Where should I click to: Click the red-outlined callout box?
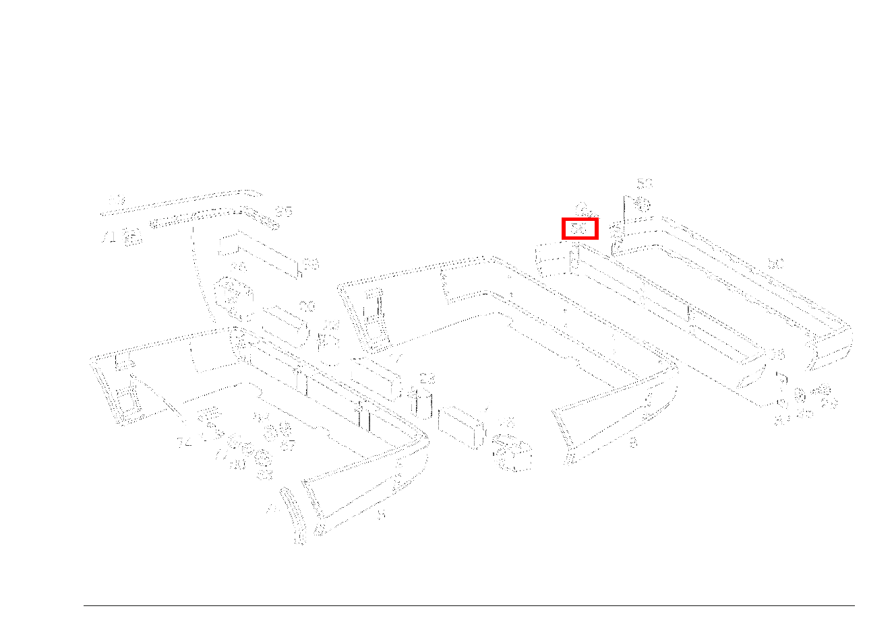tap(580, 229)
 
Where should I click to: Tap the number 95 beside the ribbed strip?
tap(284, 212)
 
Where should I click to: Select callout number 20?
tap(307, 307)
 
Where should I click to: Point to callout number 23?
tap(427, 379)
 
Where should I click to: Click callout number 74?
tap(184, 442)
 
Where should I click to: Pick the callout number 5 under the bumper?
tap(381, 514)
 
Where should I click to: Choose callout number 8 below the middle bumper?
tap(632, 443)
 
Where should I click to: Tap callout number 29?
tap(829, 403)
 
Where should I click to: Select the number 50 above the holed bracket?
tap(645, 183)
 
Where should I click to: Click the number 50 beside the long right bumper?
tap(776, 264)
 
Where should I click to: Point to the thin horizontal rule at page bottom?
tap(469, 605)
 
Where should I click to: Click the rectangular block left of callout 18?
tap(461, 426)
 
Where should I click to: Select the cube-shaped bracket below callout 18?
tap(514, 455)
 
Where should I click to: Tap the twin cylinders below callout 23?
tap(421, 403)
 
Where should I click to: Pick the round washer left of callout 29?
tap(800, 394)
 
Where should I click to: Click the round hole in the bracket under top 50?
tap(642, 205)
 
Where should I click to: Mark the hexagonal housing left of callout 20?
tap(231, 295)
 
